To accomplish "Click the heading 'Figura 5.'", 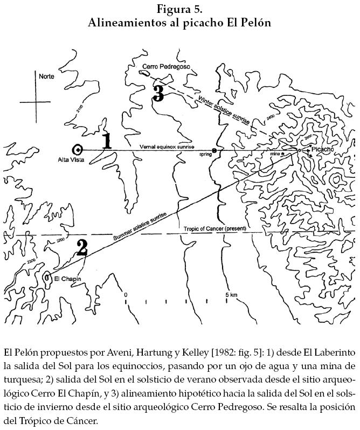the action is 179,9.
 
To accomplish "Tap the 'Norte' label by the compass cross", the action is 46,77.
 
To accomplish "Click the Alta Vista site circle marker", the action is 78,150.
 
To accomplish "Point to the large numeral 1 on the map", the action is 107,141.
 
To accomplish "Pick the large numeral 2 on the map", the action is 81,247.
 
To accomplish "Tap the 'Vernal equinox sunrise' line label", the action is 167,147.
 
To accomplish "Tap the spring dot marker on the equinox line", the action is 214,151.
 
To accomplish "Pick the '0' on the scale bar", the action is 126,295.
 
